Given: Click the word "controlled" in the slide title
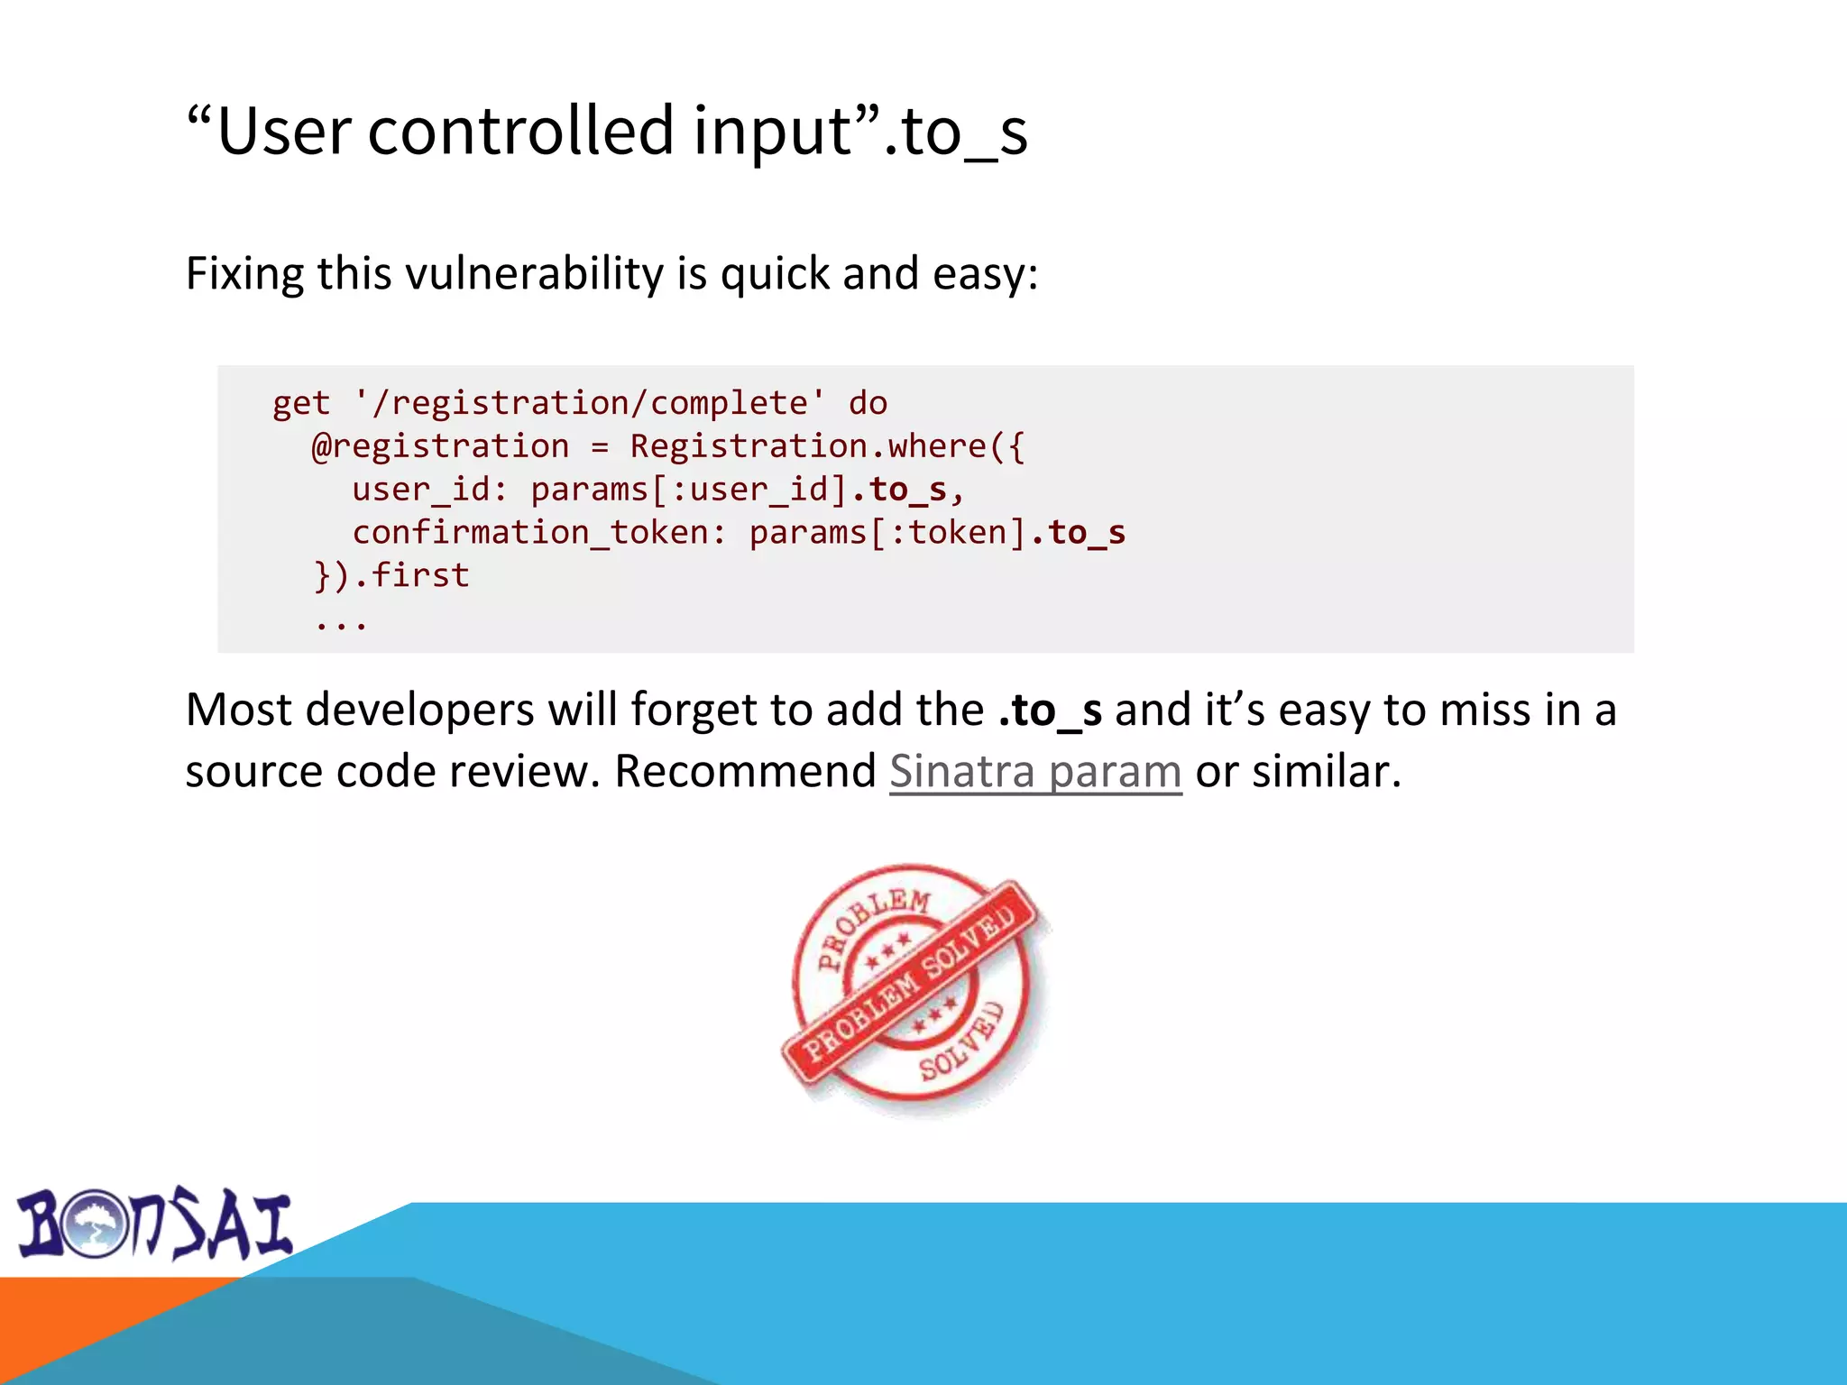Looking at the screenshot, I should [521, 131].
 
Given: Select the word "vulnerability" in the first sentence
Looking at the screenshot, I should [534, 273].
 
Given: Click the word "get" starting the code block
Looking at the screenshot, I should [301, 403].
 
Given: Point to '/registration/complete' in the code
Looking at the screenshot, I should [589, 403].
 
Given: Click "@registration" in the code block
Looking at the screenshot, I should [440, 446].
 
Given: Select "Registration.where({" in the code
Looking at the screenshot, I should [826, 446].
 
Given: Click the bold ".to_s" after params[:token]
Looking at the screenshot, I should [1078, 533].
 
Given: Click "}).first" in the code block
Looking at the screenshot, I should [391, 575].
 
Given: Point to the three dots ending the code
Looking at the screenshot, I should [341, 622].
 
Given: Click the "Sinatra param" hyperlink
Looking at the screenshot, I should [1034, 772].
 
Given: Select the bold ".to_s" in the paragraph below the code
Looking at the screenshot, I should [1050, 711].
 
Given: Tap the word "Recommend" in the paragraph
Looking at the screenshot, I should [745, 772].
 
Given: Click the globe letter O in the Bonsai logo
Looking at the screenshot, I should [93, 1224].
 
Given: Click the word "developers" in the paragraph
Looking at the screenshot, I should [419, 711].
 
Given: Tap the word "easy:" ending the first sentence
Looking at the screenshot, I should [985, 273].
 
